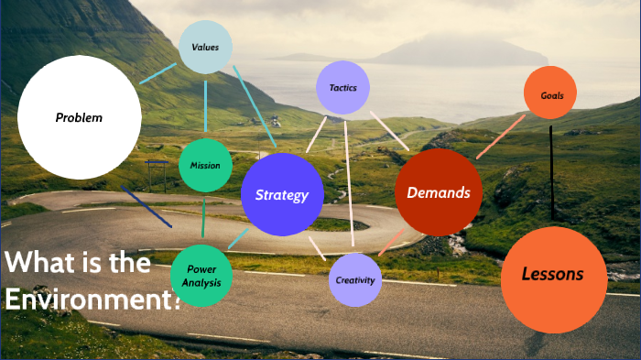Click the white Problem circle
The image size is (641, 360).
click(x=79, y=117)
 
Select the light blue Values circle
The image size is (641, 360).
click(x=205, y=47)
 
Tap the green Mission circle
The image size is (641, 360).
click(x=205, y=166)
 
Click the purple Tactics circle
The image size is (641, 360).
click(x=342, y=88)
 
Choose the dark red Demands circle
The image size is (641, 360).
click(x=438, y=192)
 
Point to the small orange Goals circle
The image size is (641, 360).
click(x=550, y=93)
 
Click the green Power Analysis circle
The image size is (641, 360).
click(x=201, y=276)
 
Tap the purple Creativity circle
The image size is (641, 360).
click(x=354, y=279)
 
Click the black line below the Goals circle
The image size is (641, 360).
click(x=551, y=174)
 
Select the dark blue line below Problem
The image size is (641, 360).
click(x=147, y=207)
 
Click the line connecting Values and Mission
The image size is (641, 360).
click(x=205, y=105)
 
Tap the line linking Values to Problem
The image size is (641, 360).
click(x=158, y=72)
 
